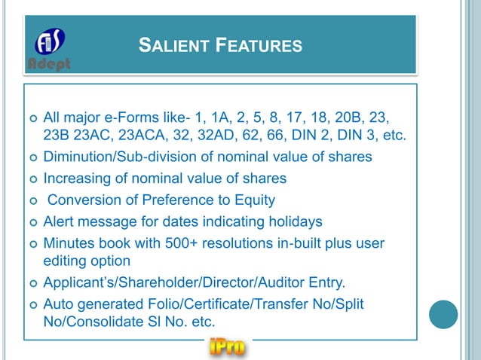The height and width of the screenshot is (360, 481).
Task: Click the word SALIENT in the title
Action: [172, 47]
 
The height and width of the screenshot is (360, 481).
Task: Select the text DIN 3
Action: [354, 137]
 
